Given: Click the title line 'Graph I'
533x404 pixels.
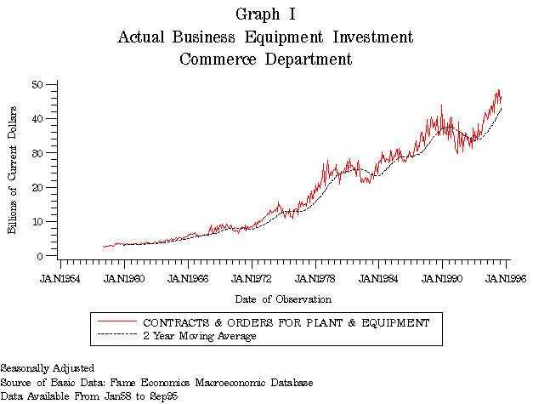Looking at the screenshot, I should pos(265,14).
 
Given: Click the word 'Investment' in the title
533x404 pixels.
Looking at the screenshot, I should pos(372,37).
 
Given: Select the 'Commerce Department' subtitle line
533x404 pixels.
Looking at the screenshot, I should pos(265,60).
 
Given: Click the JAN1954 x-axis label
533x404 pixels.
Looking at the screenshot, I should pos(61,277).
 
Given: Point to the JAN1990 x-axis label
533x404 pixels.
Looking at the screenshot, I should pos(442,277).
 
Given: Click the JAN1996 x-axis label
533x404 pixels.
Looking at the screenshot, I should pos(505,277).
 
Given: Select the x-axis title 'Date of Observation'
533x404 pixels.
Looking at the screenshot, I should pos(283,299).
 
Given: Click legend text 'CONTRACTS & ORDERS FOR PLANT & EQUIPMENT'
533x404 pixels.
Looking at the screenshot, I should pos(286,322).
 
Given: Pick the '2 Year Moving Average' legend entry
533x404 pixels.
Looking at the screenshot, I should pos(200,335).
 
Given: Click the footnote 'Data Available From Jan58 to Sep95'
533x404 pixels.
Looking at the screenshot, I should pos(88,396).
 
